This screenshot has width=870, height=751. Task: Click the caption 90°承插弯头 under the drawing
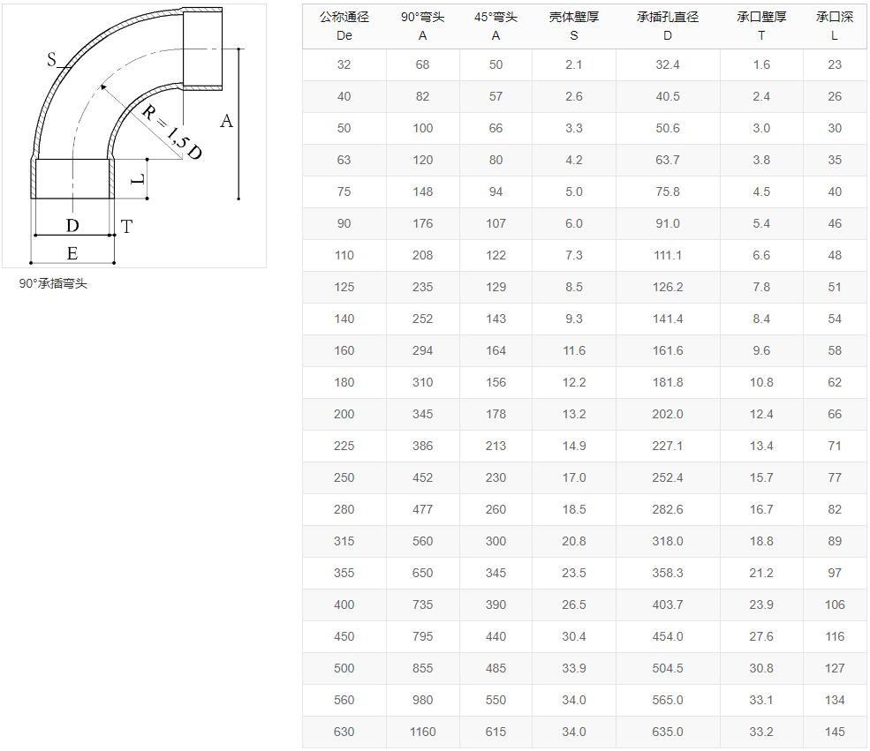pyautogui.click(x=53, y=284)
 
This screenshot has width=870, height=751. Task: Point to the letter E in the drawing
pyautogui.click(x=72, y=253)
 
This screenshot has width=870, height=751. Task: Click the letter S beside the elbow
pyautogui.click(x=51, y=59)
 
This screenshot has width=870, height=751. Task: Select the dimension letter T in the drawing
pyautogui.click(x=126, y=227)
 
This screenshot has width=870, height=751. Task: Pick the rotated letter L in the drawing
pyautogui.click(x=138, y=179)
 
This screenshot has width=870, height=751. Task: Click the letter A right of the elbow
pyautogui.click(x=226, y=121)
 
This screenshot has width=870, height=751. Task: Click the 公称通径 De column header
pyautogui.click(x=344, y=26)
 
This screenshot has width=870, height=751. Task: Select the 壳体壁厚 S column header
pyautogui.click(x=574, y=26)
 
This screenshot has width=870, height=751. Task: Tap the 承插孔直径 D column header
pyautogui.click(x=668, y=26)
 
